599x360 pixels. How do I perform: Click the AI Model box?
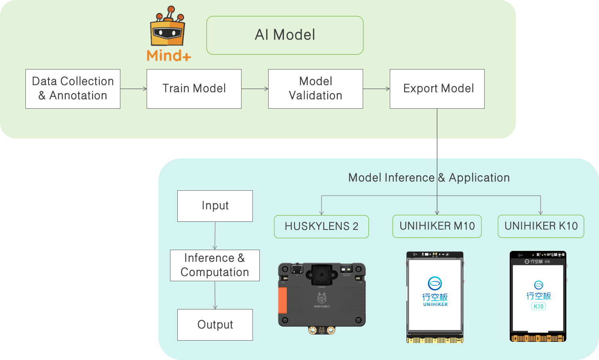pyautogui.click(x=285, y=35)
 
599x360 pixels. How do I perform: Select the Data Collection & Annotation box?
pyautogui.click(x=73, y=89)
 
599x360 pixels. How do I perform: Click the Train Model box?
pyautogui.click(x=194, y=89)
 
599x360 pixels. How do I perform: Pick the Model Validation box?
pyautogui.click(x=315, y=89)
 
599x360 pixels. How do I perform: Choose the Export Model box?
pyautogui.click(x=437, y=89)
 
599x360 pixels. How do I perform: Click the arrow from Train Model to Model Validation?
pyautogui.click(x=255, y=89)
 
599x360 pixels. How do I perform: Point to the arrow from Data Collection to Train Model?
pyautogui.click(x=133, y=89)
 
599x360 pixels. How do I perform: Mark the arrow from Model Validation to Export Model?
pyautogui.click(x=376, y=89)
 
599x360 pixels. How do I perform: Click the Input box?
pyautogui.click(x=215, y=206)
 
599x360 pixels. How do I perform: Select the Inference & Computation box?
pyautogui.click(x=215, y=265)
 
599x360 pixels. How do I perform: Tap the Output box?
pyautogui.click(x=215, y=325)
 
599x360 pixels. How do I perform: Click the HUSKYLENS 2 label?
pyautogui.click(x=322, y=226)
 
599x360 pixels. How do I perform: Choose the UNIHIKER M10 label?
pyautogui.click(x=437, y=226)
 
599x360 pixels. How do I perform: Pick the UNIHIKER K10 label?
pyautogui.click(x=541, y=226)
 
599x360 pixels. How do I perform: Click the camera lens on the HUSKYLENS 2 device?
pyautogui.click(x=322, y=274)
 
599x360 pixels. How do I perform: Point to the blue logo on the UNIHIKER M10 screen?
pyautogui.click(x=435, y=283)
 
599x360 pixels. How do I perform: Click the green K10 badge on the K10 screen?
pyautogui.click(x=538, y=307)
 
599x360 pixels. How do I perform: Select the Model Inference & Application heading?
pyautogui.click(x=429, y=178)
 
